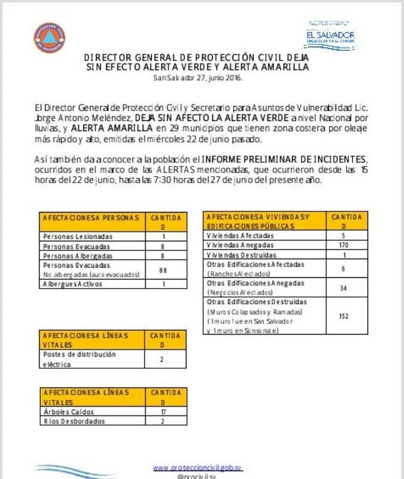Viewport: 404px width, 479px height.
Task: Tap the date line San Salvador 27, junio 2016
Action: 198,78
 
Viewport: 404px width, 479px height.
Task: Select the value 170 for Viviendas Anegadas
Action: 343,245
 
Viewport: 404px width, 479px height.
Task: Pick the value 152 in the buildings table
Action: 343,316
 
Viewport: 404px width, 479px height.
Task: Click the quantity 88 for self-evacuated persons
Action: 162,270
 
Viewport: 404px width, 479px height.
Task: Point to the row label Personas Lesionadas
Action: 77,237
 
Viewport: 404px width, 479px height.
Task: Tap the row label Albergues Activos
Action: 73,284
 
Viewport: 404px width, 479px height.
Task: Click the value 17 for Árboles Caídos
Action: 162,412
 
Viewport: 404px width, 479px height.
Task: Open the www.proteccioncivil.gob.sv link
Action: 198,467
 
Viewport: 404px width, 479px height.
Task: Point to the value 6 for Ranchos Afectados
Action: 343,268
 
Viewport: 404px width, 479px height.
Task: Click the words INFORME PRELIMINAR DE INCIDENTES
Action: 282,159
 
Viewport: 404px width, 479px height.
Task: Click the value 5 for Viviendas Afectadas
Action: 343,236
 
